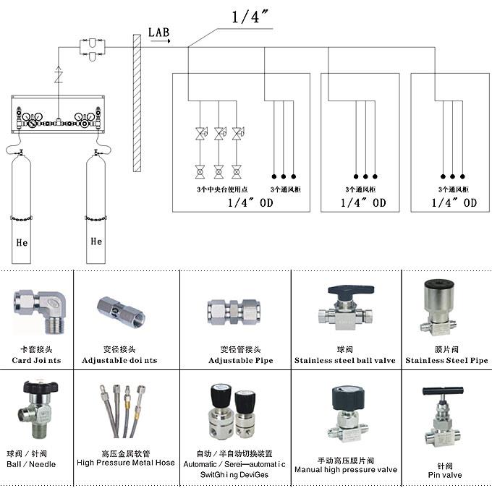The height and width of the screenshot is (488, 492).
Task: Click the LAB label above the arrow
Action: point(159,31)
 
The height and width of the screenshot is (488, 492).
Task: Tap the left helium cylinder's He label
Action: point(22,243)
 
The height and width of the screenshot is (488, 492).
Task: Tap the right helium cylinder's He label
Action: point(96,241)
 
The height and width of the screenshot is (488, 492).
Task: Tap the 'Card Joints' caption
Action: point(36,360)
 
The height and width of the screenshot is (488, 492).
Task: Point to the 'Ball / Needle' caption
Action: point(31,464)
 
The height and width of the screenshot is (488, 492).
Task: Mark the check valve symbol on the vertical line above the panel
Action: point(60,75)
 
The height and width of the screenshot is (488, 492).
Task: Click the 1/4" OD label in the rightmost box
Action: point(454,203)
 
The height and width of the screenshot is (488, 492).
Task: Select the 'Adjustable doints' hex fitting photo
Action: point(119,312)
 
